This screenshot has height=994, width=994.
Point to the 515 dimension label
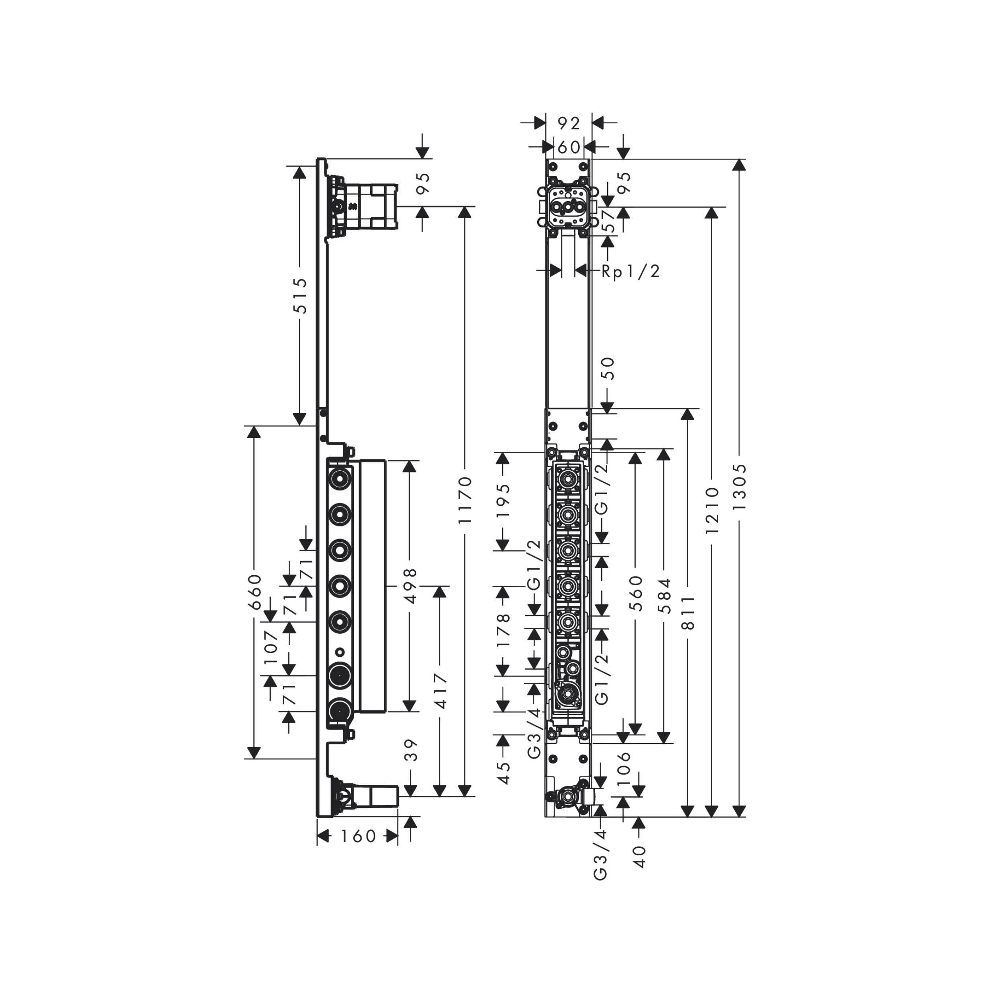tap(299, 295)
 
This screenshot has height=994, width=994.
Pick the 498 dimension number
tap(410, 586)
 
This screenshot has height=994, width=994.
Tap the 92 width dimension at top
tap(569, 123)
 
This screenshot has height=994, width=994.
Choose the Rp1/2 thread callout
tap(630, 271)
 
